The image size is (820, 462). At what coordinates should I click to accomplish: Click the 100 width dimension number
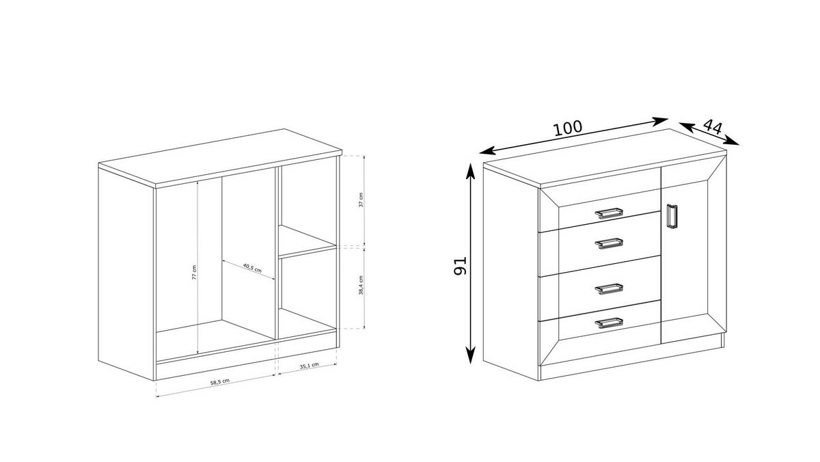567,128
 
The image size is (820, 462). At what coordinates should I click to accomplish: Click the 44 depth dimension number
713,126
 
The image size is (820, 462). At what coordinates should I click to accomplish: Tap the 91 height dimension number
460,266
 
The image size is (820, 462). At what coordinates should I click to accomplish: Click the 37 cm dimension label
361,200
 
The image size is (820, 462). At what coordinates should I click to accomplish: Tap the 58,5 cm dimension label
219,381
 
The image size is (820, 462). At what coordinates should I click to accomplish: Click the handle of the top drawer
610,213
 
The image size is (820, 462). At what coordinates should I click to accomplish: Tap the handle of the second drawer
610,243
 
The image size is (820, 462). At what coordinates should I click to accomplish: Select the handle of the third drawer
610,288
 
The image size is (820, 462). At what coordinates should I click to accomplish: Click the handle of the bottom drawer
610,322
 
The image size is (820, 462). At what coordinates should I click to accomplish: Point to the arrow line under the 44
710,134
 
